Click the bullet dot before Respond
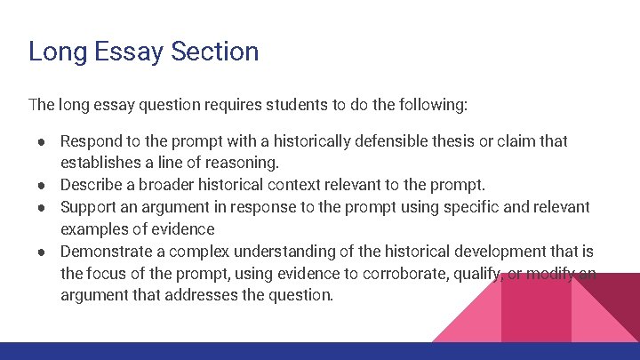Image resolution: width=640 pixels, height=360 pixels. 43,141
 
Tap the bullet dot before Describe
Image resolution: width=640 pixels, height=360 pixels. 43,186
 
